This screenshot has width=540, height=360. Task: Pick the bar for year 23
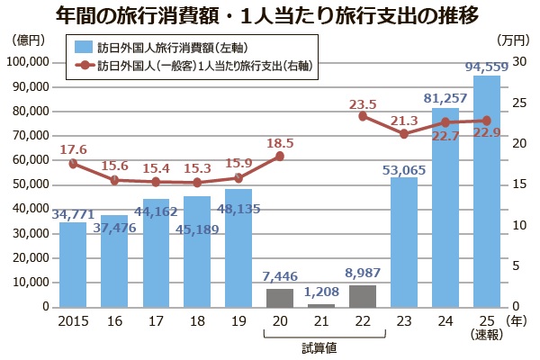pyautogui.click(x=404, y=242)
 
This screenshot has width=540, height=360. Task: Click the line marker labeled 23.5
pyautogui.click(x=363, y=116)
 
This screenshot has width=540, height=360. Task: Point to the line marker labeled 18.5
pyautogui.click(x=280, y=157)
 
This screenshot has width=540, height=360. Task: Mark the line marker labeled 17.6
pyautogui.click(x=73, y=164)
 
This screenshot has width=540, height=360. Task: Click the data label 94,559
pyautogui.click(x=488, y=67)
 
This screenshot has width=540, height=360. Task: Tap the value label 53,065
pyautogui.click(x=404, y=167)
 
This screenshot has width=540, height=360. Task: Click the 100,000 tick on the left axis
pyautogui.click(x=30, y=62)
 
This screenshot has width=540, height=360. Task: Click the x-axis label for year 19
pyautogui.click(x=238, y=319)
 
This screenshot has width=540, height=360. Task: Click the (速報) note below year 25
pyautogui.click(x=487, y=335)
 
